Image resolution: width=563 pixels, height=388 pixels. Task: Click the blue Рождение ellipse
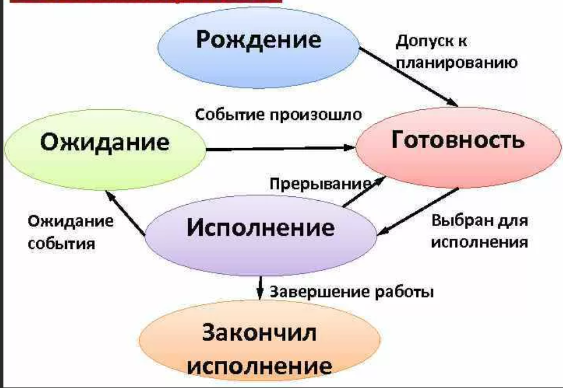coord(258,48)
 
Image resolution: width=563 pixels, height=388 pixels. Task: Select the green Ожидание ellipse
coord(105,149)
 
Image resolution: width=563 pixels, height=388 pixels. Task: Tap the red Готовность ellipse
coord(458,147)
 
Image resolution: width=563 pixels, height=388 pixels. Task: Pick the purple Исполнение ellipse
coord(261,235)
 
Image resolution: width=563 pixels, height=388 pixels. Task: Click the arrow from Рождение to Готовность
coord(408,77)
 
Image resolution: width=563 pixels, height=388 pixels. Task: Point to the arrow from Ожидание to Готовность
coord(281,148)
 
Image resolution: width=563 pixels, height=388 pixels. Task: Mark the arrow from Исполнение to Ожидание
coord(125,213)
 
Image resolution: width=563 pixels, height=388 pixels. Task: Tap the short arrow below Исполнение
coord(260,287)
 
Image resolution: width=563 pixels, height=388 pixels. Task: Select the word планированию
coord(457,63)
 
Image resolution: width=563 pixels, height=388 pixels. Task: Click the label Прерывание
coord(320,184)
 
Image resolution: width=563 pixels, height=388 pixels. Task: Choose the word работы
coord(404,292)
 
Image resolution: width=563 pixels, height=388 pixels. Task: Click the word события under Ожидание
coord(61,244)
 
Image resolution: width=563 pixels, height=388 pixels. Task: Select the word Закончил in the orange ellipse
coord(259,333)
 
